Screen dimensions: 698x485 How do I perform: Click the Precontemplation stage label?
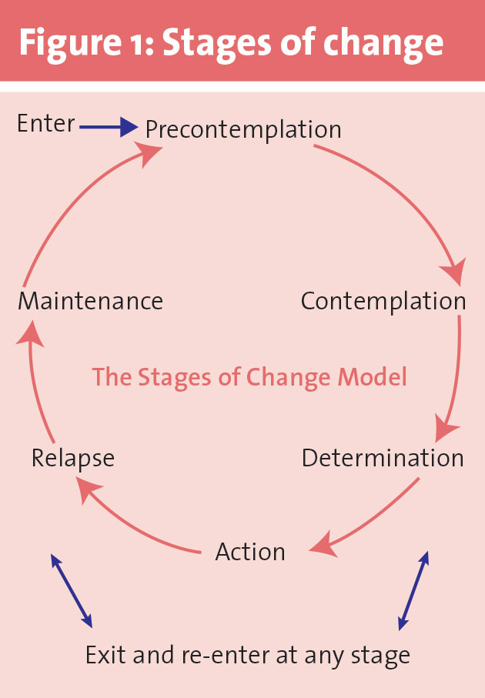243,129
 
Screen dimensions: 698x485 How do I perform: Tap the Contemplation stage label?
383,301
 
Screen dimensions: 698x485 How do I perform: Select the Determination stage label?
383,458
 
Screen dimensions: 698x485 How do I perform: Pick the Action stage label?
250,552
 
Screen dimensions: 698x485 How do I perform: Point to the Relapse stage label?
73,458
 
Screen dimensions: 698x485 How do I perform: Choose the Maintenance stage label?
90,301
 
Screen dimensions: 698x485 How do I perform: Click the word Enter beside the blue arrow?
46,123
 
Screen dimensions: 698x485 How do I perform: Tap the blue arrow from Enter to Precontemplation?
108,127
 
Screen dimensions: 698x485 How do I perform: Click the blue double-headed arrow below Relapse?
72,590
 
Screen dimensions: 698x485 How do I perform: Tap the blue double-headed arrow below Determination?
413,590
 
